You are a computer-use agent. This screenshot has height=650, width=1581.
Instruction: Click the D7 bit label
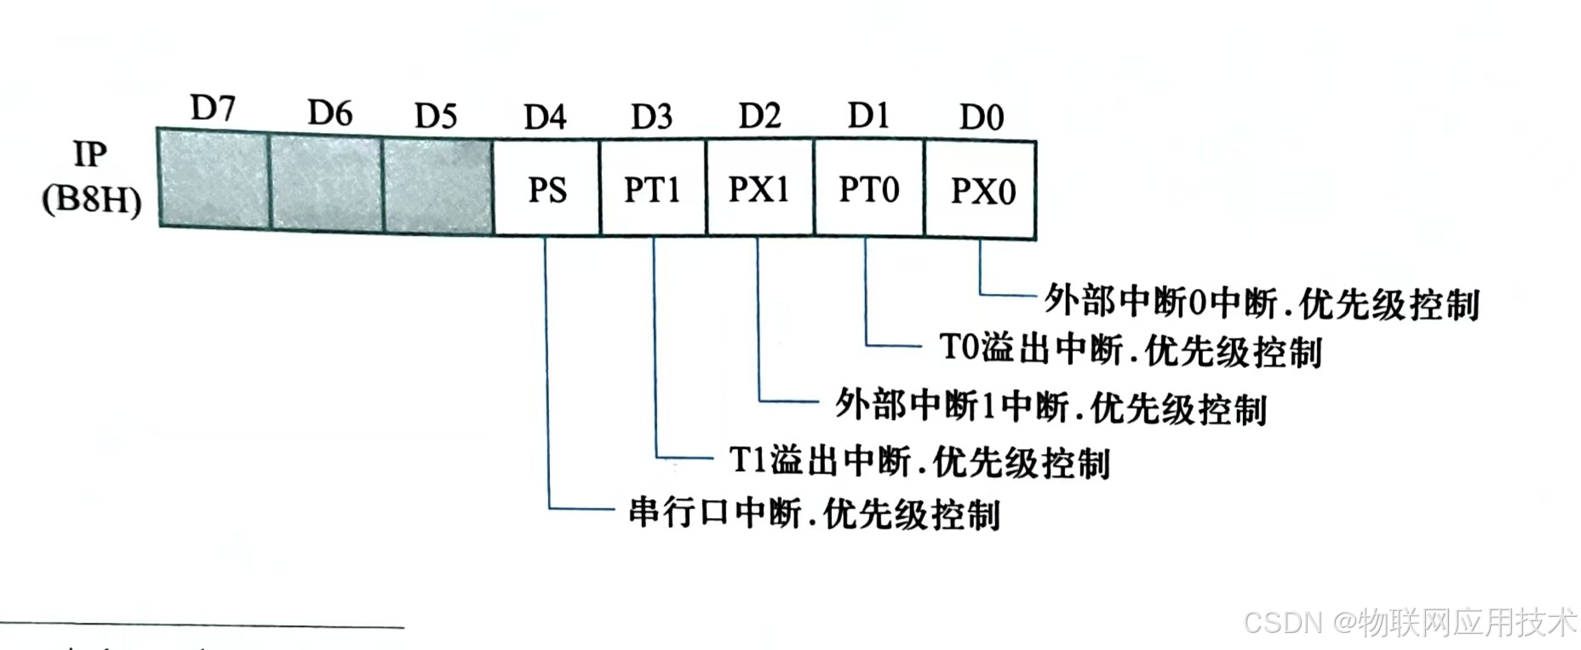213,108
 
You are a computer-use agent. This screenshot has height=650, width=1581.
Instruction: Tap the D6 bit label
329,112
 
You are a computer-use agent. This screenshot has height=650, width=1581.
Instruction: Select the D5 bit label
436,115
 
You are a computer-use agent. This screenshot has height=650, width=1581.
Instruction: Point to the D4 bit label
545,117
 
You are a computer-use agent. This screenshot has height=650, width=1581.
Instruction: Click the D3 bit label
651,117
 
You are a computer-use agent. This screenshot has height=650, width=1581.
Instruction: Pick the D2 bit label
759,115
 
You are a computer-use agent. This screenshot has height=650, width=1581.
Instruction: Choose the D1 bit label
868,115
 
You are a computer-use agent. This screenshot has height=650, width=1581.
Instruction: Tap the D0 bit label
982,117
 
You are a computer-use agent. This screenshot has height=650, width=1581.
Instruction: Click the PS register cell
547,189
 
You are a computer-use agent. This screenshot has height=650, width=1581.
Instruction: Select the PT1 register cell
652,189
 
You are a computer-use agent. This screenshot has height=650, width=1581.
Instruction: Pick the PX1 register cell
759,189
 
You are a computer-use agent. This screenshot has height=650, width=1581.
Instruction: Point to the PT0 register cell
868,189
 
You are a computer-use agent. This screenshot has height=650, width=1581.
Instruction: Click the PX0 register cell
982,191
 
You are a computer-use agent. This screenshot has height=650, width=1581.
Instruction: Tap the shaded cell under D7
214,179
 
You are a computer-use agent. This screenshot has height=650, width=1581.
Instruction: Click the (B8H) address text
92,200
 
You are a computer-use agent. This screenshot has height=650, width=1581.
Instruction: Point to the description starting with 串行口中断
814,514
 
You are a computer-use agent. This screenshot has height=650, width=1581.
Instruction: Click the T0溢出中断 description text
1130,350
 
